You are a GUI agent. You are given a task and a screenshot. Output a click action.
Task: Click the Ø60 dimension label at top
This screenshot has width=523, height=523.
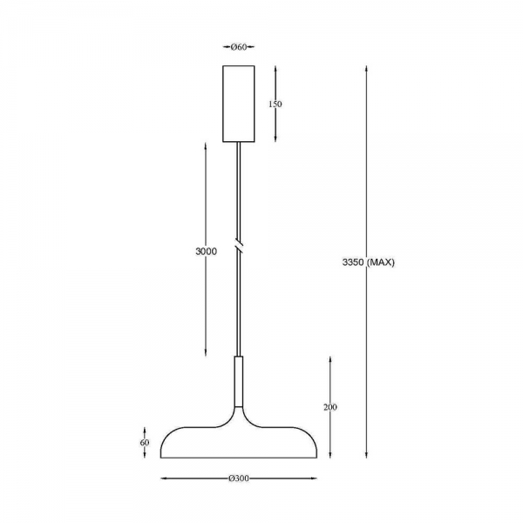click(x=239, y=47)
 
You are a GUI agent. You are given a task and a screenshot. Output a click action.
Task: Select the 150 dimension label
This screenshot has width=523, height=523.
click(x=275, y=104)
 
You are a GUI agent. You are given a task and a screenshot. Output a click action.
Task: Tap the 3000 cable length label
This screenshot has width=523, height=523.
click(x=206, y=251)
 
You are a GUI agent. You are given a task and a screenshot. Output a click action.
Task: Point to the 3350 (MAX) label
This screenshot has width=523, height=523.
click(x=369, y=262)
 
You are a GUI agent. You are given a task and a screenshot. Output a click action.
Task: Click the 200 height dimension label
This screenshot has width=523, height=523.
click(x=330, y=407)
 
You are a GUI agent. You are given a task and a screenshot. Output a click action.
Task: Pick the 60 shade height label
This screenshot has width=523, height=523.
click(x=145, y=443)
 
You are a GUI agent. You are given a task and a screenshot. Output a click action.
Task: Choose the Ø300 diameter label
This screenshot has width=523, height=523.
click(x=239, y=479)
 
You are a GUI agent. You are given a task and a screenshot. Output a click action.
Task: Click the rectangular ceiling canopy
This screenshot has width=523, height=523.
click(x=239, y=104)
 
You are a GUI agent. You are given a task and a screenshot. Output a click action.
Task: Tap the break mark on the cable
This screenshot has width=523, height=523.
click(x=239, y=245)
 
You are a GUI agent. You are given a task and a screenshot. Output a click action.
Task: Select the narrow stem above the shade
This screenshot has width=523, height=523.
click(x=239, y=381)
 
